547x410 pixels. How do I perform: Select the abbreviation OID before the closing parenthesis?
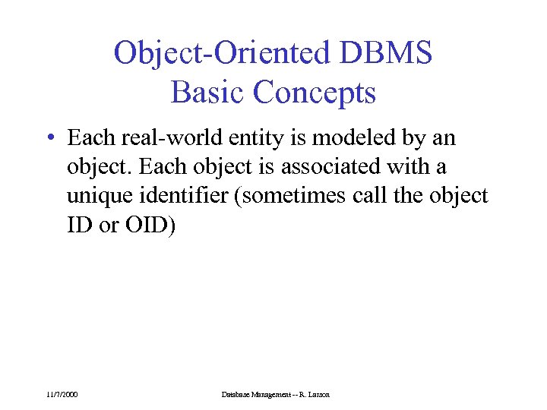149,224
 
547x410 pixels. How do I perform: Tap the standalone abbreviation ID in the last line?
79,224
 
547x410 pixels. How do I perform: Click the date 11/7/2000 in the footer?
62,395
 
